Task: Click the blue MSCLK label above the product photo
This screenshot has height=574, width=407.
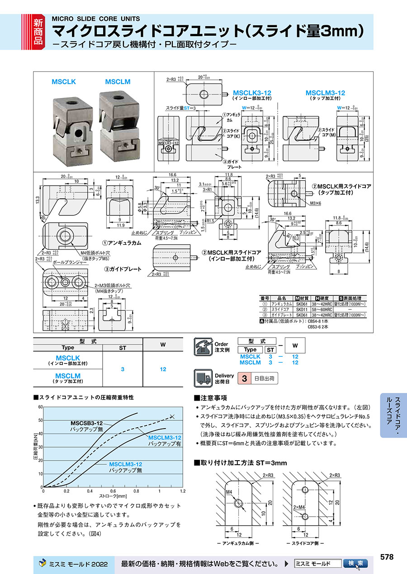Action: pyautogui.click(x=63, y=82)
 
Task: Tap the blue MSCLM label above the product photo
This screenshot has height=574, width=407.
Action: pyautogui.click(x=118, y=82)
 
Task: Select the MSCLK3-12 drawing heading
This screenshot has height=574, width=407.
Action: pyautogui.click(x=252, y=93)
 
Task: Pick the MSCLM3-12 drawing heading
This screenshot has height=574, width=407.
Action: pyautogui.click(x=325, y=93)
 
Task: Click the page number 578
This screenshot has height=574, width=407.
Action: pyautogui.click(x=387, y=557)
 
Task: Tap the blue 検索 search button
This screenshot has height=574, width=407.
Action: pyautogui.click(x=355, y=564)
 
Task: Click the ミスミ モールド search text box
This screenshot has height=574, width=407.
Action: pyautogui.click(x=317, y=564)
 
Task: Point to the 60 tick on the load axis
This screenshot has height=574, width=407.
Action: pyautogui.click(x=40, y=407)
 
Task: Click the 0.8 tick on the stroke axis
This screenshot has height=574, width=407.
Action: pyautogui.click(x=136, y=491)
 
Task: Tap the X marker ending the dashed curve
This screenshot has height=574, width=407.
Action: pyautogui.click(x=171, y=416)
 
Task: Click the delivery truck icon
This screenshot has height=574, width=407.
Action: pyautogui.click(x=203, y=378)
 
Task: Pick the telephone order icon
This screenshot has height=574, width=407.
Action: pyautogui.click(x=203, y=347)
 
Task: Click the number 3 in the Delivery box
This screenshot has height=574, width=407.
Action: pyautogui.click(x=244, y=378)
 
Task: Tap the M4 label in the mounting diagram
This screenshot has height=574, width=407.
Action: pyautogui.click(x=229, y=491)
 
